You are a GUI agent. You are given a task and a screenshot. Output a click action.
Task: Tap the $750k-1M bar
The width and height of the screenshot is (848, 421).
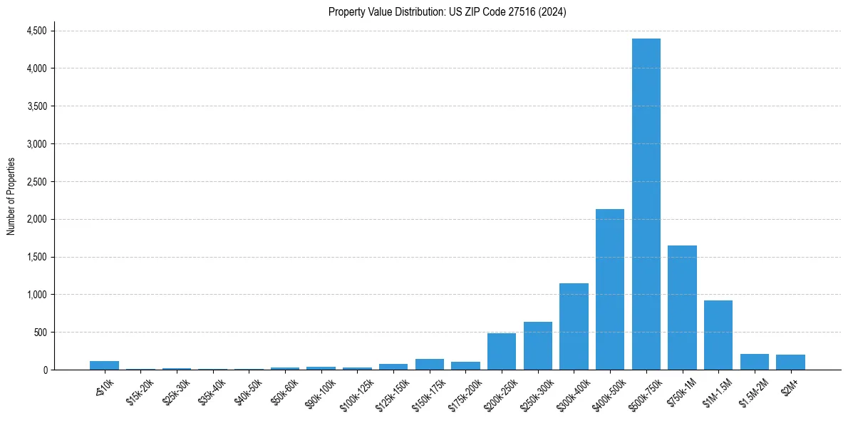pyautogui.click(x=682, y=308)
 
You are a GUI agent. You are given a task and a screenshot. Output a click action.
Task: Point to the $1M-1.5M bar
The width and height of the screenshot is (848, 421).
pyautogui.click(x=718, y=335)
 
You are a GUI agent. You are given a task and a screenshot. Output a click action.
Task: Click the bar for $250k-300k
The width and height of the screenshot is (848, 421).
pyautogui.click(x=538, y=346)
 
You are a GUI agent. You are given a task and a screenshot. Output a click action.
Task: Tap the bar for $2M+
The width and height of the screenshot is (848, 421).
pyautogui.click(x=790, y=362)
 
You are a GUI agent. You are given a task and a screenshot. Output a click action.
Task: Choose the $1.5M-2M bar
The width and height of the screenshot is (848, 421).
pyautogui.click(x=755, y=362)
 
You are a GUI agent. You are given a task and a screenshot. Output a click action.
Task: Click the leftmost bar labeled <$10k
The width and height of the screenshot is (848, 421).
pyautogui.click(x=104, y=365)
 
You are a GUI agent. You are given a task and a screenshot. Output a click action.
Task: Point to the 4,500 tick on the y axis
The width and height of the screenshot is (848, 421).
pyautogui.click(x=36, y=31)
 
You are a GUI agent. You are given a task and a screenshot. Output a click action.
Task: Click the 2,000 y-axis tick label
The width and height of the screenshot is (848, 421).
pyautogui.click(x=36, y=219)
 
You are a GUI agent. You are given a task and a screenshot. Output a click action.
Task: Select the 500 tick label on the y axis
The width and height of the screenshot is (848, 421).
pyautogui.click(x=41, y=333)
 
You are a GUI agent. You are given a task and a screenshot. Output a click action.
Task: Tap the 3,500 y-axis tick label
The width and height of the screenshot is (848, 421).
pyautogui.click(x=36, y=106)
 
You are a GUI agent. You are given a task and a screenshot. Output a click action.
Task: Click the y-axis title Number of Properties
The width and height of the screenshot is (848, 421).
pyautogui.click(x=11, y=196)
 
